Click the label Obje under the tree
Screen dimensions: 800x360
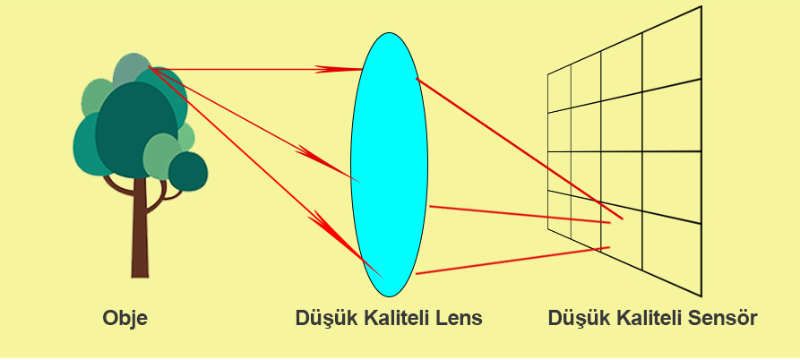coord(125,319)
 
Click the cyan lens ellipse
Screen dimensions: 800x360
coord(389,164)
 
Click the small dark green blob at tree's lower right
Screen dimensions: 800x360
coord(188,171)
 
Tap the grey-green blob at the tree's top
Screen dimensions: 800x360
coord(132,69)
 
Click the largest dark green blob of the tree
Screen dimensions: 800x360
coord(136,130)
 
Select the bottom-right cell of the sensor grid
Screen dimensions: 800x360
coord(671,253)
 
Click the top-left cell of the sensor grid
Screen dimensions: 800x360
coord(559,90)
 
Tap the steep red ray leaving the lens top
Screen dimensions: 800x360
coord(520,149)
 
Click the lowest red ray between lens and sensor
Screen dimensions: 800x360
coord(512,261)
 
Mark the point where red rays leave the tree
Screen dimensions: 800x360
coord(149,67)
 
